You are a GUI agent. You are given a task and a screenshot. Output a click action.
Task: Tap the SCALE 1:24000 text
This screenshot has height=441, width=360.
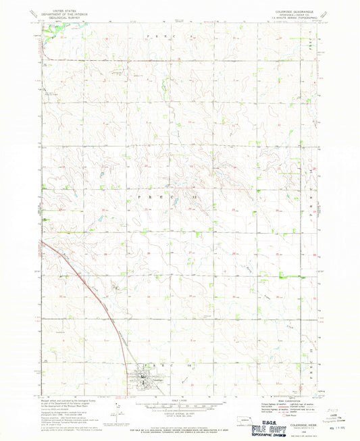180,401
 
